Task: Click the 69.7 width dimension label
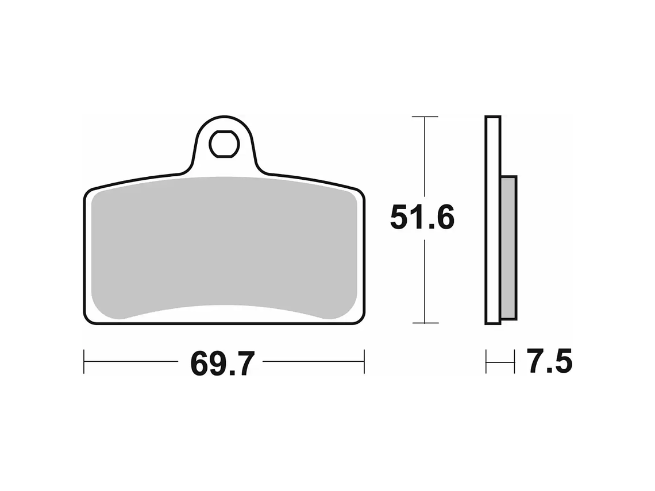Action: click(222, 364)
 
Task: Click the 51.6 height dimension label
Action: click(422, 218)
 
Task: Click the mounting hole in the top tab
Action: click(224, 144)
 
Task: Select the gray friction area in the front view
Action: click(224, 249)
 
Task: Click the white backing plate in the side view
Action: click(493, 220)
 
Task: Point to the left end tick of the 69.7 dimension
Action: click(84, 362)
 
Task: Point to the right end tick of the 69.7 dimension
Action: click(364, 362)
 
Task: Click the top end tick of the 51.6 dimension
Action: click(425, 117)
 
